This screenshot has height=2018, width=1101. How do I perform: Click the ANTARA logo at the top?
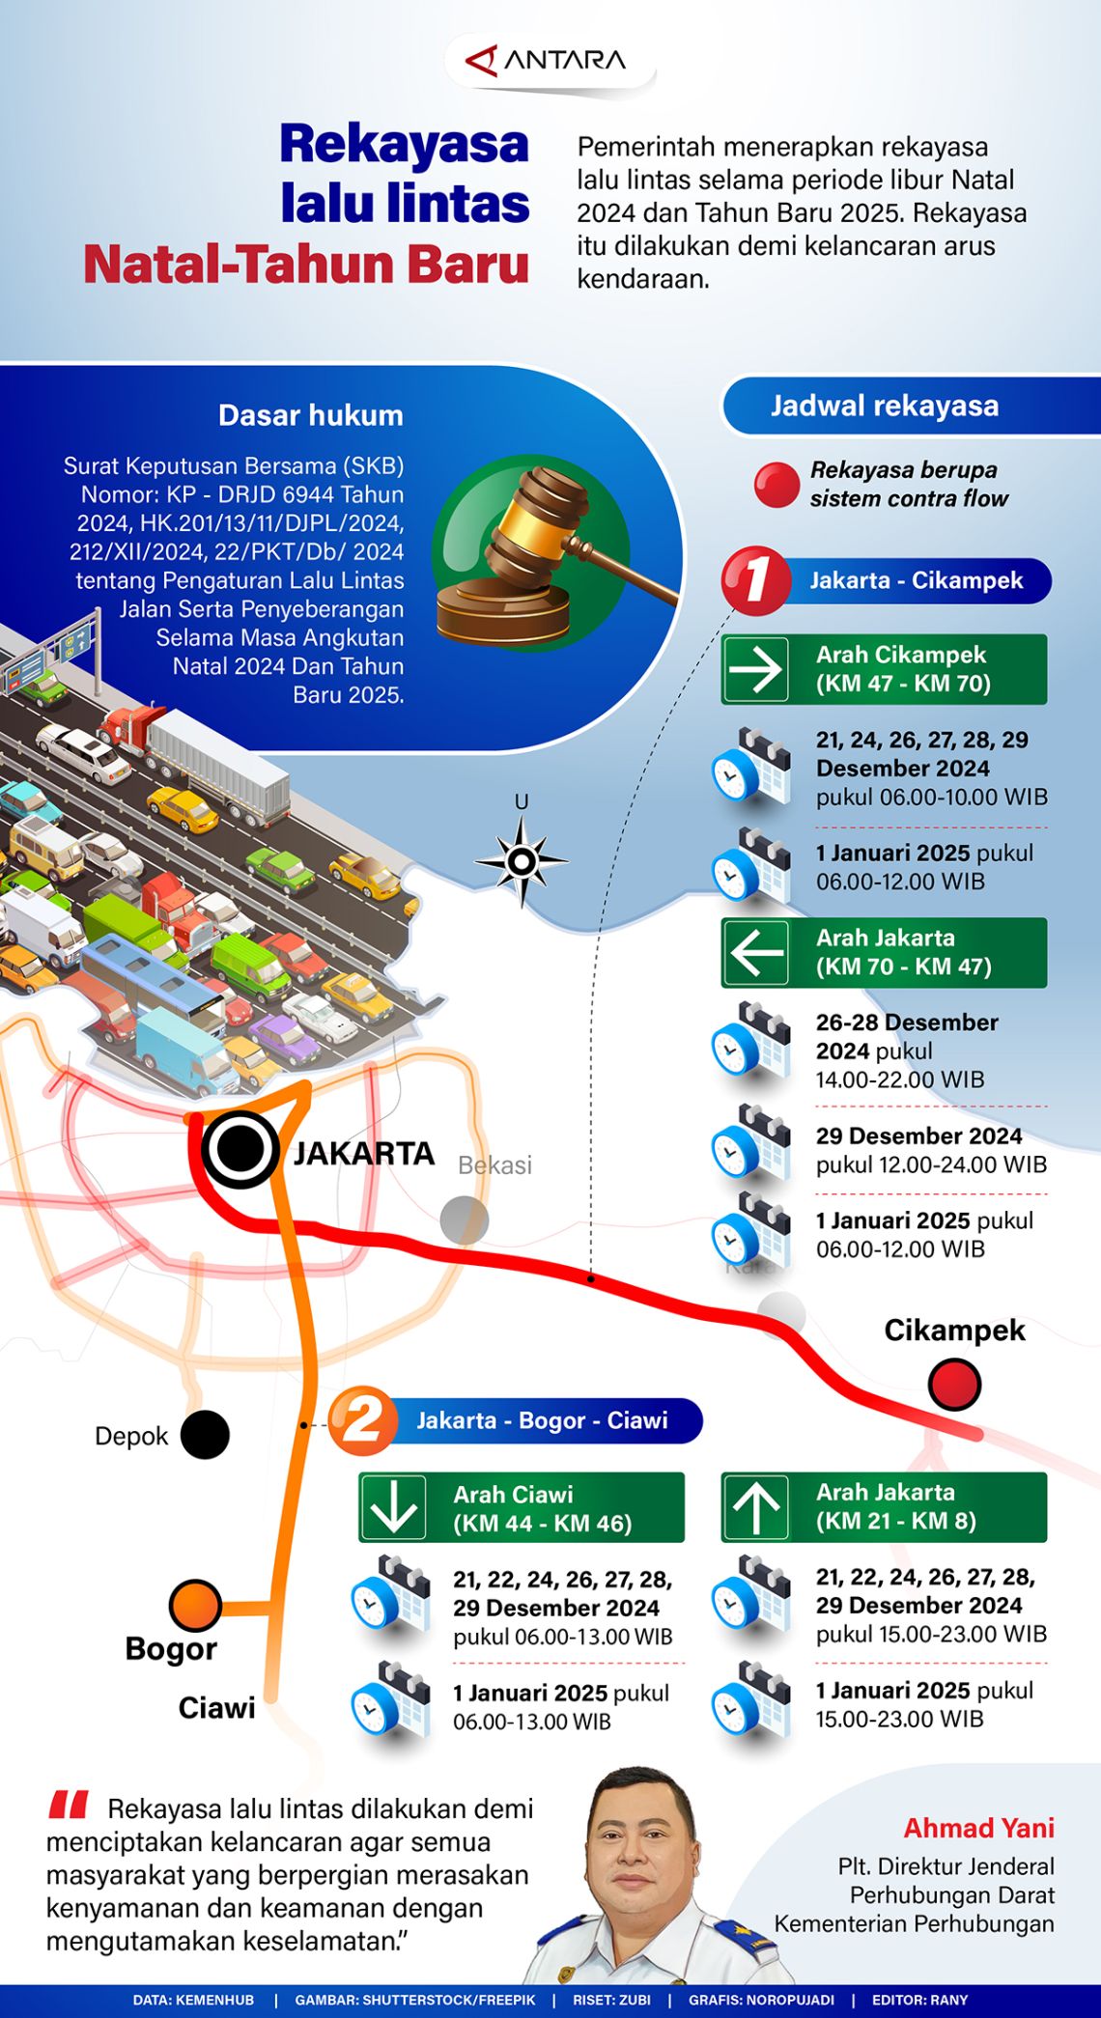tap(547, 61)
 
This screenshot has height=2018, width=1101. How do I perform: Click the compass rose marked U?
tap(522, 860)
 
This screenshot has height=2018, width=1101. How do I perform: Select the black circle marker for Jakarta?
tap(240, 1149)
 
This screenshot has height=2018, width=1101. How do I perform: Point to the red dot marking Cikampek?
tap(954, 1384)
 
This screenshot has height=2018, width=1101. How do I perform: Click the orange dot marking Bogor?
tap(195, 1606)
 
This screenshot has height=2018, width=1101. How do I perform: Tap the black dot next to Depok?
tap(205, 1435)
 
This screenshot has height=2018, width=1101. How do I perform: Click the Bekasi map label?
tap(494, 1165)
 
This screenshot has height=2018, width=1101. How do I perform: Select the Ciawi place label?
tap(217, 1708)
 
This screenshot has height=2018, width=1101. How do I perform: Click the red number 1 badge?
tap(755, 580)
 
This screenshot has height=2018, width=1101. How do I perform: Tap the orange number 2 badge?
tap(362, 1420)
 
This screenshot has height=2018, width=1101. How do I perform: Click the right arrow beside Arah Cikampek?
tap(755, 669)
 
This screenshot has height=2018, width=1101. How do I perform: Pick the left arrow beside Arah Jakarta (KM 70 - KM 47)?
tap(755, 952)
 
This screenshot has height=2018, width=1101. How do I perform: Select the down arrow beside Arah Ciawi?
tap(393, 1506)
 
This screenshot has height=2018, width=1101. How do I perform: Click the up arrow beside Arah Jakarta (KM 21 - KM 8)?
tap(755, 1506)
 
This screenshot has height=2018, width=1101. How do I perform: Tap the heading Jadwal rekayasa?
tap(884, 406)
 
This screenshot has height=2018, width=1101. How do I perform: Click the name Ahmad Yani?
tap(978, 1828)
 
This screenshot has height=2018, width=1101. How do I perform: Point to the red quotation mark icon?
tap(69, 1805)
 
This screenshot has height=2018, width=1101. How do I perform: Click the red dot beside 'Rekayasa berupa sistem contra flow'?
tap(776, 485)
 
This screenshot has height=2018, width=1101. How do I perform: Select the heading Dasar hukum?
tap(310, 415)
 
